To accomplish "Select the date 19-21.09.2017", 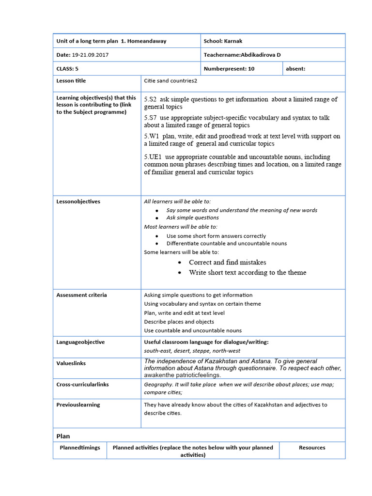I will (x=91, y=55).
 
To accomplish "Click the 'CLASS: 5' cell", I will (x=67, y=69).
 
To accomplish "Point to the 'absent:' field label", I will (x=295, y=69).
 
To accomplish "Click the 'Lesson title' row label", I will (x=71, y=81).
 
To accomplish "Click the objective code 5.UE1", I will (x=154, y=157).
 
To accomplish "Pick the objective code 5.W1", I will (x=152, y=136).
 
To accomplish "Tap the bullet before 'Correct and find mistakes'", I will (x=180, y=263).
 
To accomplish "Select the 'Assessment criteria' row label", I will (x=81, y=295).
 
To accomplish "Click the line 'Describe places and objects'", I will (x=179, y=322).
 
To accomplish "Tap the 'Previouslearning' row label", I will (x=78, y=404).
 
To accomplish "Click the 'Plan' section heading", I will (x=63, y=436).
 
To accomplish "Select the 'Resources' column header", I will (x=312, y=448).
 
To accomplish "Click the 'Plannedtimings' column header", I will (x=80, y=448).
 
